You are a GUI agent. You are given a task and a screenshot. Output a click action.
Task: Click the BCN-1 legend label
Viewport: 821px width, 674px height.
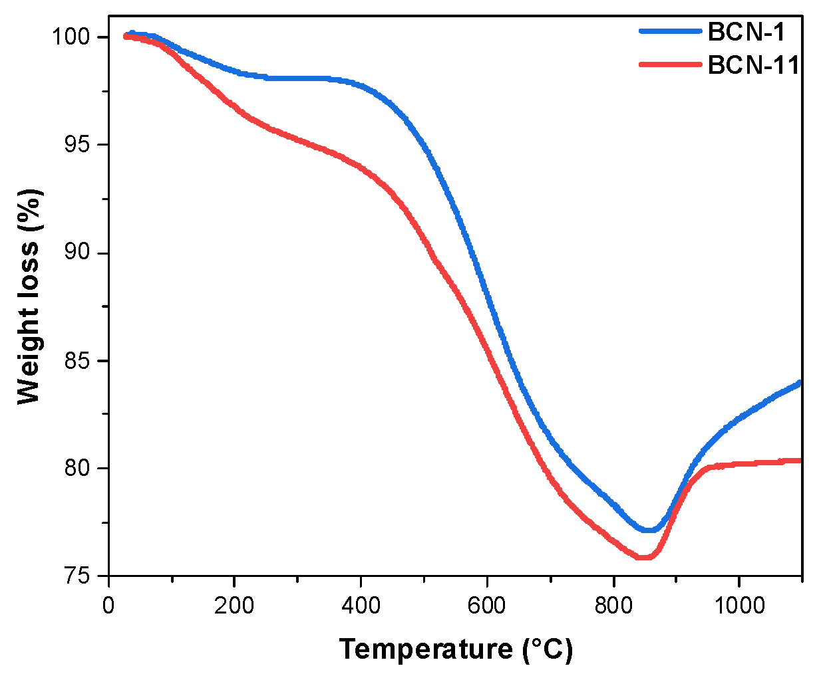pyautogui.click(x=746, y=31)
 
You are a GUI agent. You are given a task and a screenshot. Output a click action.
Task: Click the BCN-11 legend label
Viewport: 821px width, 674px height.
pyautogui.click(x=753, y=65)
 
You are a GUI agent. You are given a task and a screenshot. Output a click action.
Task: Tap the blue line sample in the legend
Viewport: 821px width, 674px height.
pyautogui.click(x=670, y=31)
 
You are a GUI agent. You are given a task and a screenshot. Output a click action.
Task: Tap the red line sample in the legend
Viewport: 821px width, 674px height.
pyautogui.click(x=670, y=64)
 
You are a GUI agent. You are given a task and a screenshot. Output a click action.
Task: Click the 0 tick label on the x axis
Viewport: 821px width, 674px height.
pyautogui.click(x=108, y=606)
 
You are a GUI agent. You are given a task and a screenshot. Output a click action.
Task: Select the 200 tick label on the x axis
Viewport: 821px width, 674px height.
pyautogui.click(x=234, y=606)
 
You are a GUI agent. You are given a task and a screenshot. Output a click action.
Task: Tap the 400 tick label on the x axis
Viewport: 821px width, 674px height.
pyautogui.click(x=361, y=606)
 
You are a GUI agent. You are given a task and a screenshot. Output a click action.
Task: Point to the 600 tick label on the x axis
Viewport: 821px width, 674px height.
pyautogui.click(x=487, y=606)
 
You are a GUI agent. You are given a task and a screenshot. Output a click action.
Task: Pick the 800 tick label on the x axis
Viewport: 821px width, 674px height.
pyautogui.click(x=613, y=606)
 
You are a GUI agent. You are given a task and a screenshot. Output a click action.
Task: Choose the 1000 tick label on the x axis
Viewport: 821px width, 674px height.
pyautogui.click(x=739, y=606)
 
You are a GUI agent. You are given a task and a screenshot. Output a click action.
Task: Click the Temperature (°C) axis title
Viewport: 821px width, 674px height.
pyautogui.click(x=456, y=649)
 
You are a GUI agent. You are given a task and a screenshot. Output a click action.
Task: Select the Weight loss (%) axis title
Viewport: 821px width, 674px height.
pyautogui.click(x=30, y=296)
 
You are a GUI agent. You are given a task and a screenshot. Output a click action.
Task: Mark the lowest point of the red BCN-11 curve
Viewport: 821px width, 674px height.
pyautogui.click(x=643, y=557)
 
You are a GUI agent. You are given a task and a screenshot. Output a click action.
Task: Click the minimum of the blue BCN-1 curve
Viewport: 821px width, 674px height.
pyautogui.click(x=649, y=530)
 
